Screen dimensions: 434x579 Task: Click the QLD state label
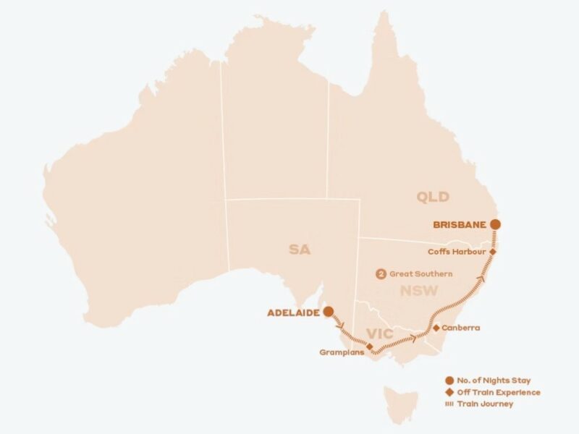[433, 197]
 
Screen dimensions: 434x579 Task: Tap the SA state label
[299, 250]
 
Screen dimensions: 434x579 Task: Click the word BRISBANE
[459, 224]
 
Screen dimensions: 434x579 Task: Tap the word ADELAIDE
[293, 312]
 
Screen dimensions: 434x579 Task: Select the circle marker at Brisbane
[494, 224]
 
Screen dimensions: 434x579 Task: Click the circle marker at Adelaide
[328, 312]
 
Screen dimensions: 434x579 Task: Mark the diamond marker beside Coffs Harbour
[493, 252]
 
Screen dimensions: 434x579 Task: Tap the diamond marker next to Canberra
[436, 328]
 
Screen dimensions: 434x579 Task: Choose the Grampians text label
[342, 352]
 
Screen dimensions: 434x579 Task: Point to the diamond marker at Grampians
[370, 347]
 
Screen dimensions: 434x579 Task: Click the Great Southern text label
[421, 274]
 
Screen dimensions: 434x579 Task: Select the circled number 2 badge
[381, 274]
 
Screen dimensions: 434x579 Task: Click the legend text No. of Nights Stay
[493, 380]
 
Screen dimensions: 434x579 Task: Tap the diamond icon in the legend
[449, 392]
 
